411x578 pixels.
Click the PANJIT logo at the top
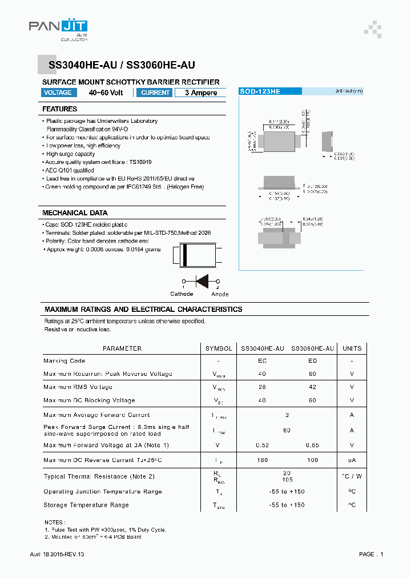(58, 26)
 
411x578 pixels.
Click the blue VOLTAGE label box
(58, 93)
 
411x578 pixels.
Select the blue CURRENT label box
(155, 93)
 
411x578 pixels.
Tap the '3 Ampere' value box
(200, 93)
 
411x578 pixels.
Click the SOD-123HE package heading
(260, 91)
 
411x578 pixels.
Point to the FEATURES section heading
(59, 109)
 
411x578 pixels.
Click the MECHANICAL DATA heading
(74, 213)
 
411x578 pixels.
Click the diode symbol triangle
(202, 281)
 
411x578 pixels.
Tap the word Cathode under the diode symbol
(182, 294)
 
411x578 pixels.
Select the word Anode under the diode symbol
(220, 294)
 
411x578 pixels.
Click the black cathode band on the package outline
(184, 255)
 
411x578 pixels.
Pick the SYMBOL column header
(219, 348)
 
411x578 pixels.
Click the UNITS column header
(352, 348)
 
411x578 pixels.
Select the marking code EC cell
(262, 361)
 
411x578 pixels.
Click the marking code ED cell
(312, 361)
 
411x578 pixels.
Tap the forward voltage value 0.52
(262, 445)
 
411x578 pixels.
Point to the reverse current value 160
(262, 460)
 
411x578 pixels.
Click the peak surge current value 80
(287, 430)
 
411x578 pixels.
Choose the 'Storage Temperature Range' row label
(86, 505)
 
